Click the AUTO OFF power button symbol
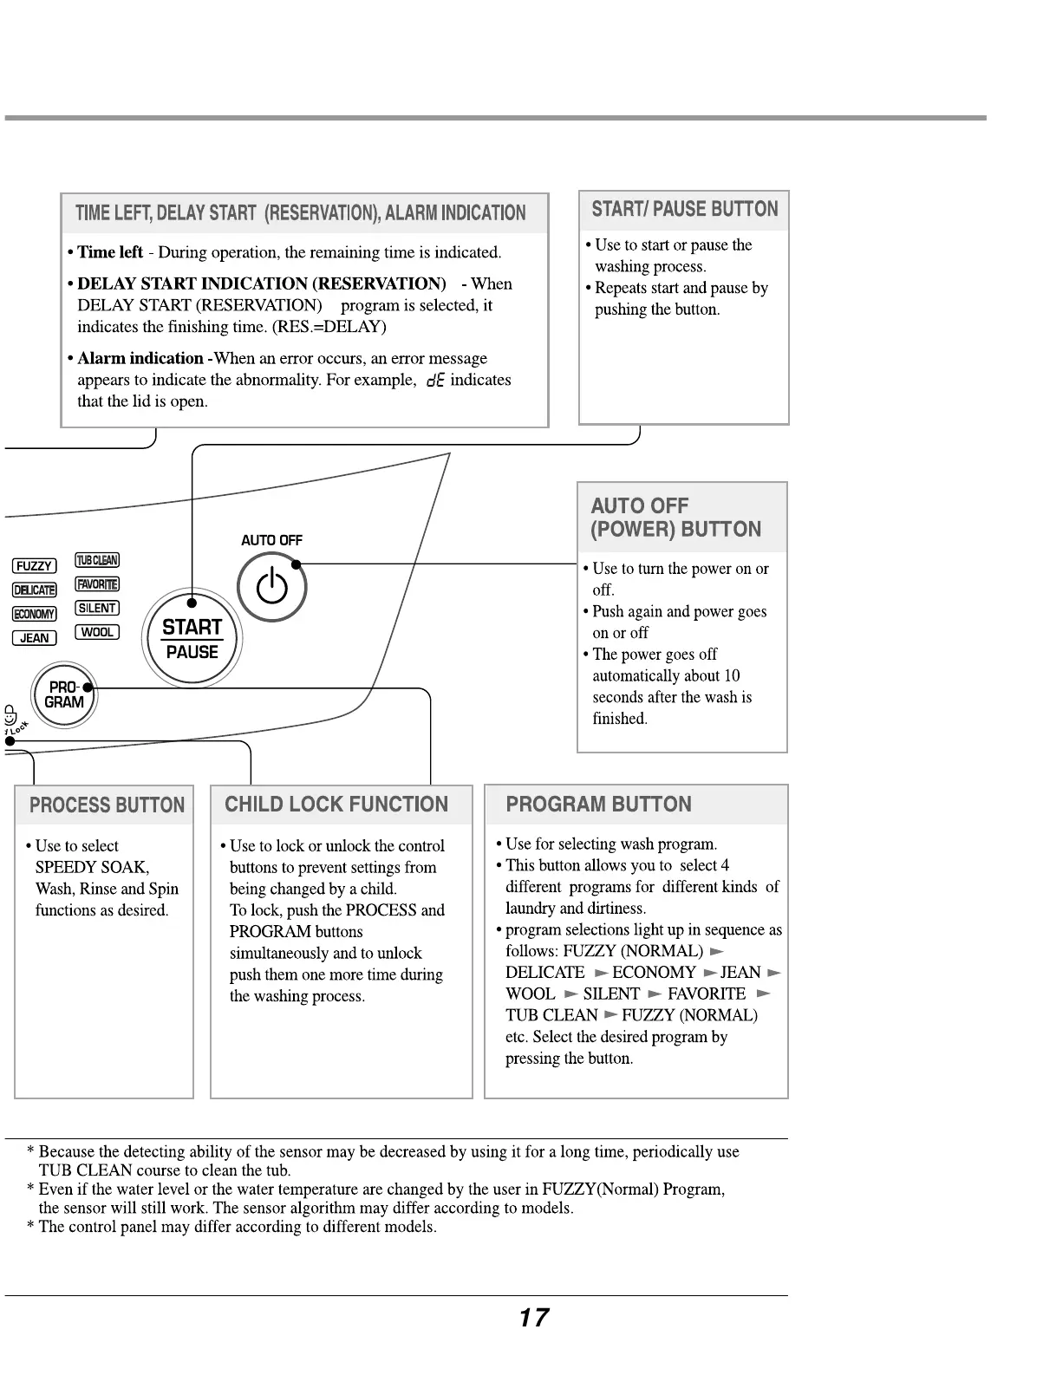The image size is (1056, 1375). pyautogui.click(x=272, y=587)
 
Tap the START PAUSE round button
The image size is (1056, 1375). pyautogui.click(x=192, y=640)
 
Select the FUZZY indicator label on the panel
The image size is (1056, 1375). pyautogui.click(x=34, y=566)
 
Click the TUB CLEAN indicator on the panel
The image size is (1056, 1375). pyautogui.click(x=97, y=560)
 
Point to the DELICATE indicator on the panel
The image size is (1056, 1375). pyautogui.click(x=34, y=590)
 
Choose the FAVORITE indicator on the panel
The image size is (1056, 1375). pyautogui.click(x=97, y=584)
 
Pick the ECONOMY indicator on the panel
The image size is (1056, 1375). pyautogui.click(x=34, y=614)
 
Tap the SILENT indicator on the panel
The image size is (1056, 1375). pyautogui.click(x=97, y=608)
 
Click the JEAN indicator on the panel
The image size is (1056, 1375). pyautogui.click(x=34, y=638)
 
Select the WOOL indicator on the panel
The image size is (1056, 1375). pyautogui.click(x=97, y=632)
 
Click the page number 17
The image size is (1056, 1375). pyautogui.click(x=533, y=1318)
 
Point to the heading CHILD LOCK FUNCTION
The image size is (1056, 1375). pyautogui.click(x=336, y=805)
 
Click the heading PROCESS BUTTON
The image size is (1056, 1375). pyautogui.click(x=107, y=805)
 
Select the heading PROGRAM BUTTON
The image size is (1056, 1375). pyautogui.click(x=598, y=805)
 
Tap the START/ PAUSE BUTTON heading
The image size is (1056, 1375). pyautogui.click(x=685, y=209)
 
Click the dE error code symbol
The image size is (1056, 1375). pyautogui.click(x=434, y=381)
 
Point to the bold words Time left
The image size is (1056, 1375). pyautogui.click(x=110, y=252)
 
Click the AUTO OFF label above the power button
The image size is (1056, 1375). pyautogui.click(x=271, y=540)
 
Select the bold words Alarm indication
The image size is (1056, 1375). pyautogui.click(x=140, y=358)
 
